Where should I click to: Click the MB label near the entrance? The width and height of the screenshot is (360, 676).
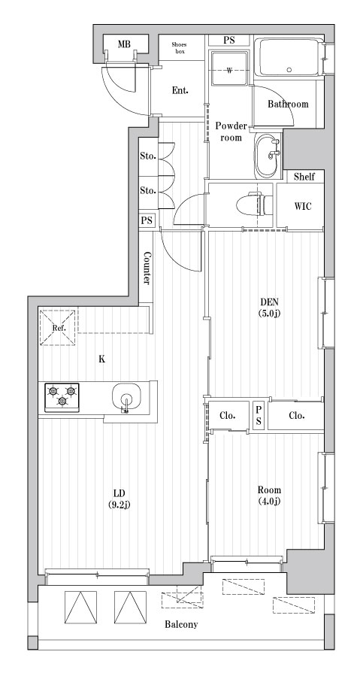(x=124, y=45)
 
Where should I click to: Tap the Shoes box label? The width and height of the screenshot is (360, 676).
(x=180, y=47)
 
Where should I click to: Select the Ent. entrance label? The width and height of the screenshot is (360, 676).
(x=180, y=91)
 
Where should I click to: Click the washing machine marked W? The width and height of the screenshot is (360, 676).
(x=230, y=70)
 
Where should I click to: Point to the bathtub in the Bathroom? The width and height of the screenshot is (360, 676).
(x=289, y=58)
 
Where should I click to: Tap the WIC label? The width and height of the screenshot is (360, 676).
(x=304, y=206)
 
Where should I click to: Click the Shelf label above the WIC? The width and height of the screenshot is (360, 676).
(x=304, y=177)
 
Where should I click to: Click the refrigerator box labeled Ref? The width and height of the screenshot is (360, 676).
(x=59, y=329)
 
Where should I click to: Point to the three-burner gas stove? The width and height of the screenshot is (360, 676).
(x=62, y=396)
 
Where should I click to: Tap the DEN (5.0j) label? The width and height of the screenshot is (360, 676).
(x=271, y=307)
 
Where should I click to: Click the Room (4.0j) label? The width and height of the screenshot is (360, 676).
(x=268, y=496)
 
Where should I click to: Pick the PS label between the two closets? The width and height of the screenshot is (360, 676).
(x=258, y=415)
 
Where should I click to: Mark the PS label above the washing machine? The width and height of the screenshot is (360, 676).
(x=229, y=40)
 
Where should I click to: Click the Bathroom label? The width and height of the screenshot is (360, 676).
(x=289, y=104)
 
